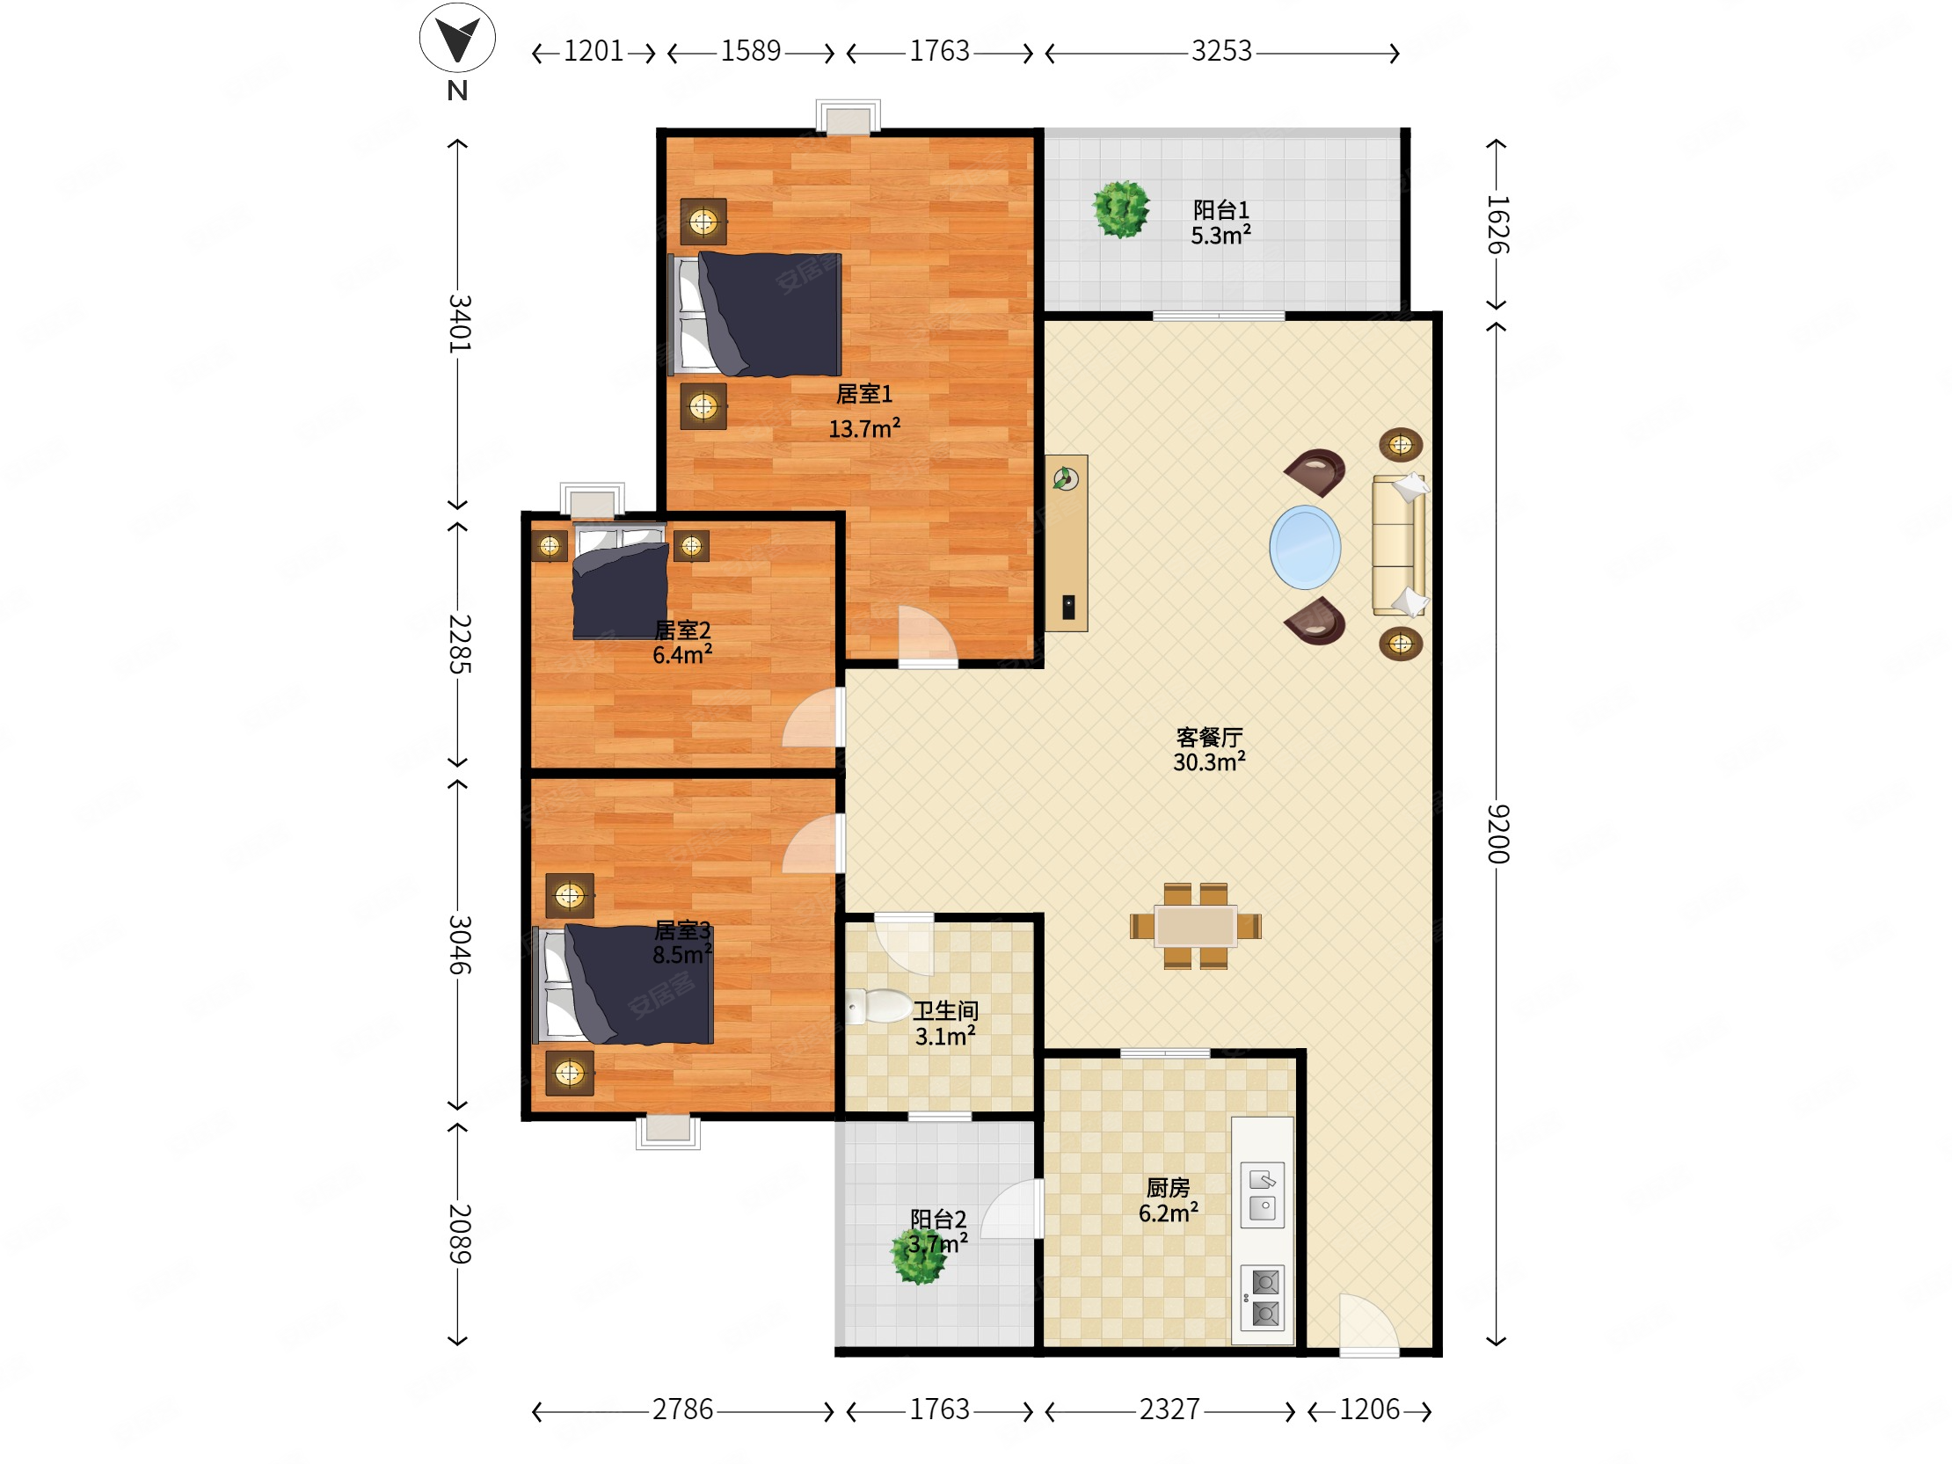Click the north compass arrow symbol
pos(457,38)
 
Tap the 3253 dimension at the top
pos(1221,51)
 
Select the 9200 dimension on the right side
pos(1497,833)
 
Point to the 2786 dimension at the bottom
pos(682,1409)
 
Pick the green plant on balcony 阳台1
pos(1121,209)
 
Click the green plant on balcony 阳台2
pos(919,1256)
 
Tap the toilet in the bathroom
pos(879,1006)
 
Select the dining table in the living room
pos(1196,926)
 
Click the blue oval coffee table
pos(1305,547)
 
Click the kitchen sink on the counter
pos(1262,1195)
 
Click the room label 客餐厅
pos(1209,737)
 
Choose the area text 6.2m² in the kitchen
pos(1169,1213)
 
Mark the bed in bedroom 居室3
pos(623,984)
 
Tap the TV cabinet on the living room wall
pos(1066,543)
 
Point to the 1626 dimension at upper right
pos(1497,224)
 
